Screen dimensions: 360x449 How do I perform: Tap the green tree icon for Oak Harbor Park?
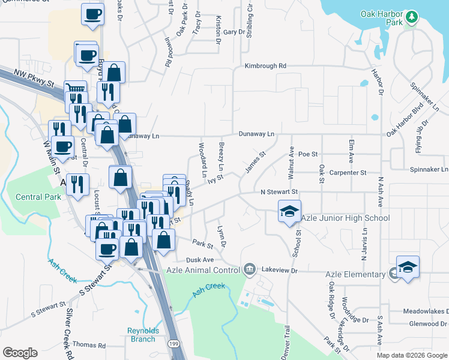pyautogui.click(x=412, y=16)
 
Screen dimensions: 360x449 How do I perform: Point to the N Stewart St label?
pyautogui.click(x=279, y=192)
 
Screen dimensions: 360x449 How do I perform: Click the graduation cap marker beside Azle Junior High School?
pyautogui.click(x=289, y=212)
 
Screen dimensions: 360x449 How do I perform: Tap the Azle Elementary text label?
pyautogui.click(x=355, y=274)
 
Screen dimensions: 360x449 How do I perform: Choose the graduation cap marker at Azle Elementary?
pyautogui.click(x=408, y=268)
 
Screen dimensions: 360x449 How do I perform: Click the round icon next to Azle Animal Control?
pyautogui.click(x=250, y=268)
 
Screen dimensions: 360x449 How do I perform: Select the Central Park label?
pyautogui.click(x=38, y=197)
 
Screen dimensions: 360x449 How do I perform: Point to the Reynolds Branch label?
pyautogui.click(x=142, y=334)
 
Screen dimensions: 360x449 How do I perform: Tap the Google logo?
pyautogui.click(x=20, y=353)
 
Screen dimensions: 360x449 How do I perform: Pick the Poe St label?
pyautogui.click(x=307, y=154)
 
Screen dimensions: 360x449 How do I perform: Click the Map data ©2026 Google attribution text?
pyautogui.click(x=411, y=355)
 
